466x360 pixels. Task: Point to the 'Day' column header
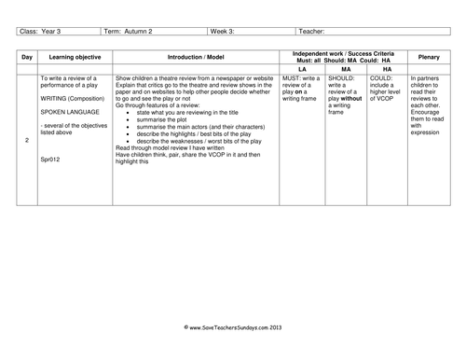pos(27,57)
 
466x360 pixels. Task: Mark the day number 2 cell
pos(27,140)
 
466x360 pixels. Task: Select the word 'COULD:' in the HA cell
pos(382,79)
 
